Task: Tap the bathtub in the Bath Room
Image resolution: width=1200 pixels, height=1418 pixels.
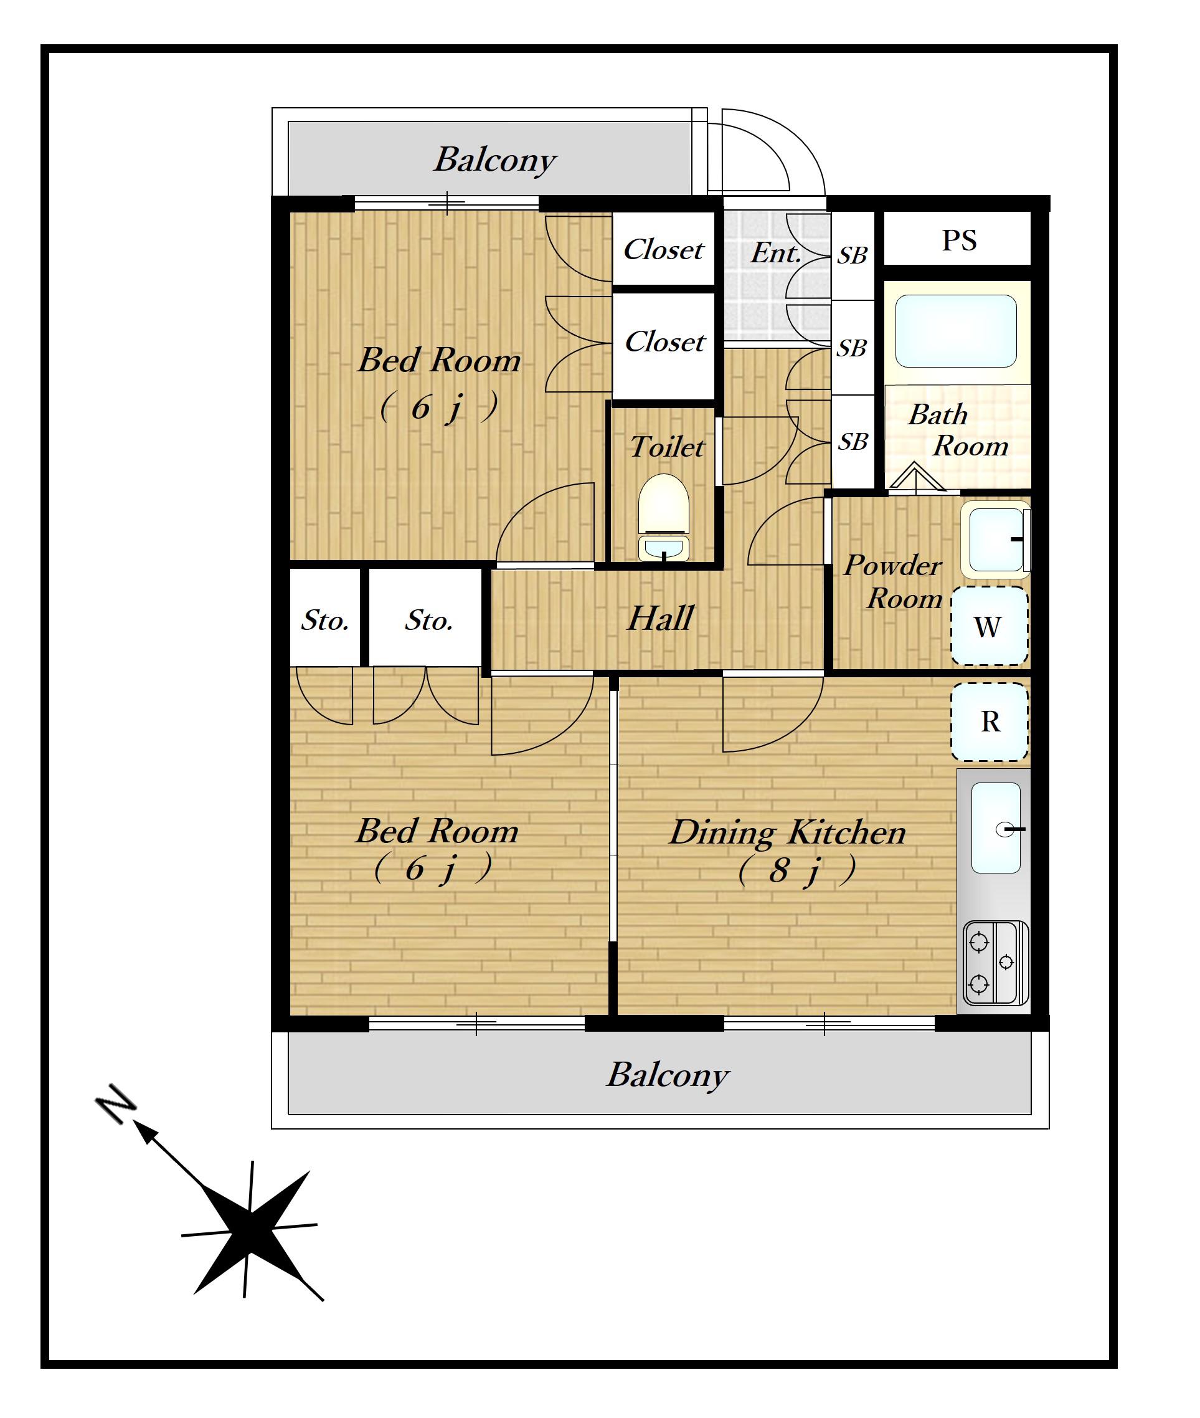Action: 956,331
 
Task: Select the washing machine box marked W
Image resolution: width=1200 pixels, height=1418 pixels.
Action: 989,626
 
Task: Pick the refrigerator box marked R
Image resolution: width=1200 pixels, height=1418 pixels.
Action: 989,721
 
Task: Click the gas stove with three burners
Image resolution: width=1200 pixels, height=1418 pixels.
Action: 996,963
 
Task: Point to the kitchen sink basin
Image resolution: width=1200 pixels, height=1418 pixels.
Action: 996,828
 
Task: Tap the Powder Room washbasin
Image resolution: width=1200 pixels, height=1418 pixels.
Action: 995,540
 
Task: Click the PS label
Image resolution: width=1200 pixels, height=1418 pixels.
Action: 959,240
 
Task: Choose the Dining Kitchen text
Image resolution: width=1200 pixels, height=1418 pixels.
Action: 788,832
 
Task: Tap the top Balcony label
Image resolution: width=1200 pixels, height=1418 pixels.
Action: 495,161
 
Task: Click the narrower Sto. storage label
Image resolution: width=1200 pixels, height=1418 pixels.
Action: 325,620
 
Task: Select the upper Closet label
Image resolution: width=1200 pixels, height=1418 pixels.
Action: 663,250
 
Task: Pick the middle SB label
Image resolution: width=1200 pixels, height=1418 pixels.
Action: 852,348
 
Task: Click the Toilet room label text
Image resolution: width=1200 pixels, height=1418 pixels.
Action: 667,447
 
